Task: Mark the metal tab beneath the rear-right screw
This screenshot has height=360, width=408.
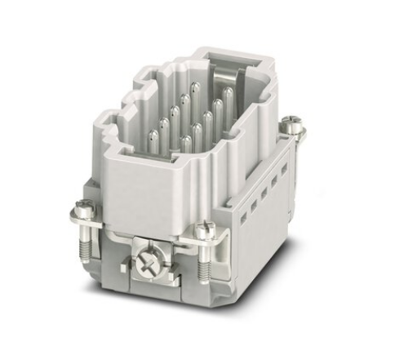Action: click(290, 134)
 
